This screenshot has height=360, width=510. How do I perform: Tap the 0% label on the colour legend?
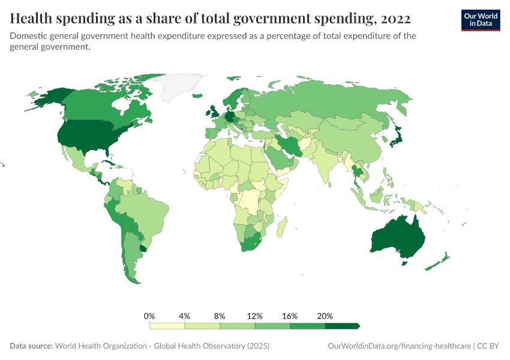point(149,316)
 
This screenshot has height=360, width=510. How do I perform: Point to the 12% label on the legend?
point(254,316)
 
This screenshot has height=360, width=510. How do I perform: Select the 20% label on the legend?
point(325,316)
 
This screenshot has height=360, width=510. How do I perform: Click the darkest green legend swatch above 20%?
point(341,326)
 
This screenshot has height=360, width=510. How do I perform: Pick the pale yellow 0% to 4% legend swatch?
point(167,326)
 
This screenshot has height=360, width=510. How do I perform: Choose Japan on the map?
point(397,137)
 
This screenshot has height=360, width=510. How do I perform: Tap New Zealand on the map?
point(437,263)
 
